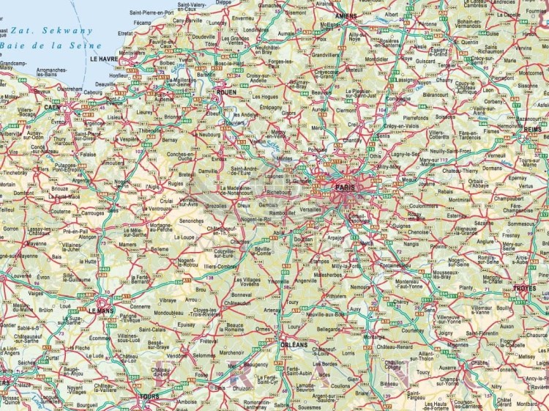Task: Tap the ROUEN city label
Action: click(225, 92)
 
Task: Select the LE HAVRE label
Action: click(104, 58)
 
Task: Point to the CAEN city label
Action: click(51, 107)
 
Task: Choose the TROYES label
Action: click(525, 289)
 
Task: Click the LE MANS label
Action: click(102, 310)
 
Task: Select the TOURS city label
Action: click(149, 396)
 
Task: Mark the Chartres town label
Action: click(239, 241)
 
